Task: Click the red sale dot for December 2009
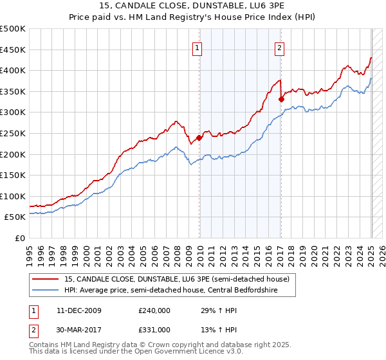pos(199,137)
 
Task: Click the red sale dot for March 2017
pos(281,99)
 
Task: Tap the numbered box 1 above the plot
pos(197,47)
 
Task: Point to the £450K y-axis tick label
pos(13,50)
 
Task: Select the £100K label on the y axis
pos(13,196)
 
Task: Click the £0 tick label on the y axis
pos(20,238)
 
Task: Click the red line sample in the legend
pos(44,279)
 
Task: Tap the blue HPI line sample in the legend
pos(44,290)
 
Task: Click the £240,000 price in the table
pos(154,310)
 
